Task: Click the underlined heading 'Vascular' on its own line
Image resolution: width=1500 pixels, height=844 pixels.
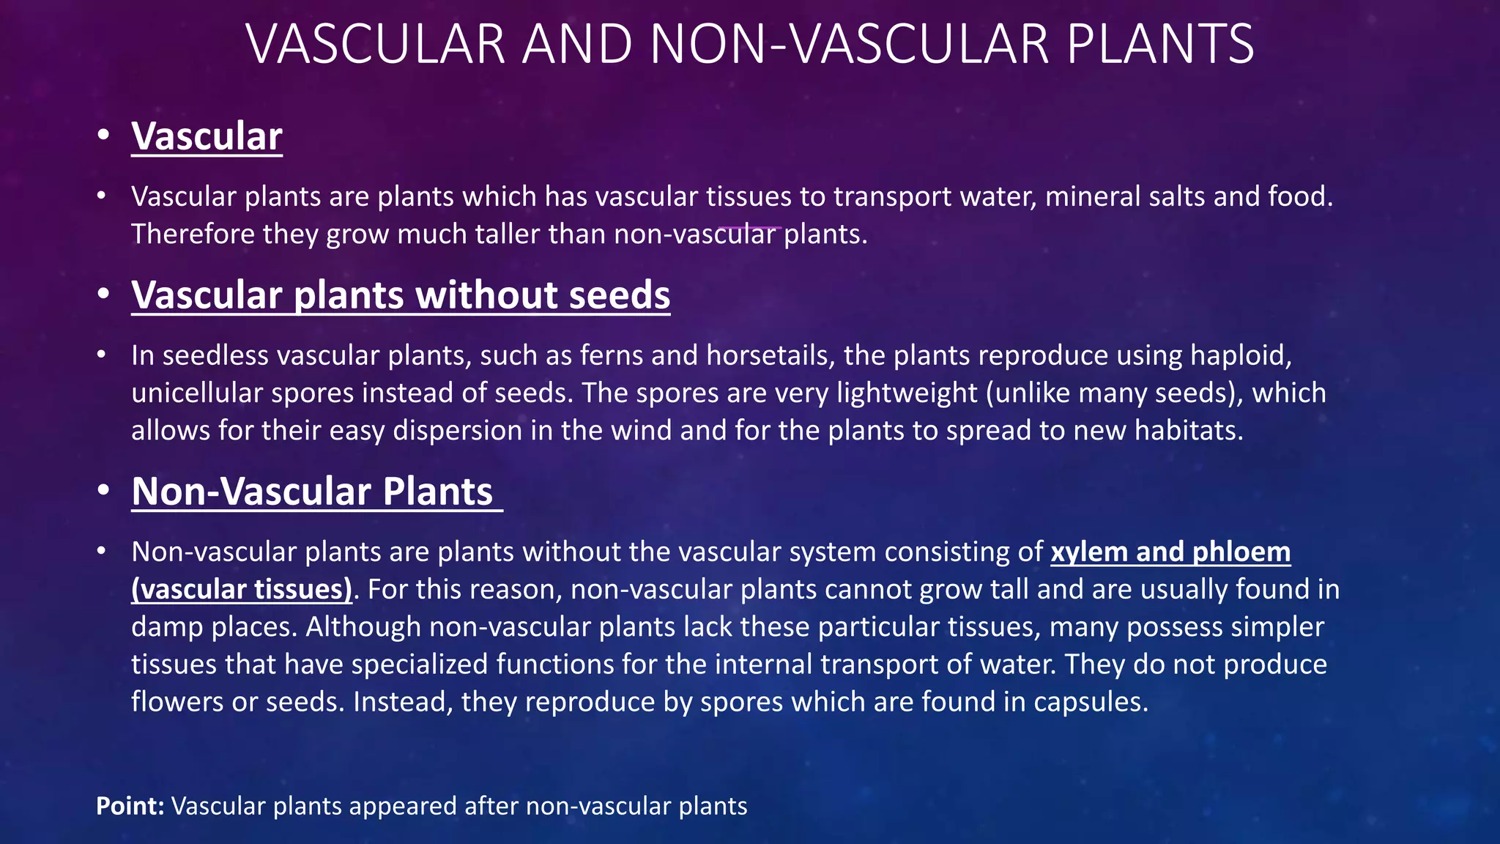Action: point(207,137)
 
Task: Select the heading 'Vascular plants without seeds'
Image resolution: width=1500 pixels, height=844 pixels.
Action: point(401,295)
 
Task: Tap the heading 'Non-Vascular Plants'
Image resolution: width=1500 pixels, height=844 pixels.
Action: point(313,492)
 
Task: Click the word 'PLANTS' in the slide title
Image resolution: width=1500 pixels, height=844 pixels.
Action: point(1160,45)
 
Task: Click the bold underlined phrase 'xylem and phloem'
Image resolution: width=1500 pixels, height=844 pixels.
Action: point(1170,552)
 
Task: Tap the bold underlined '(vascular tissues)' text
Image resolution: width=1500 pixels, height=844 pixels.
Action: point(242,590)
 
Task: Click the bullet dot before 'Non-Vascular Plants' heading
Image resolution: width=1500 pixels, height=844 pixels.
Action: point(103,490)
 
